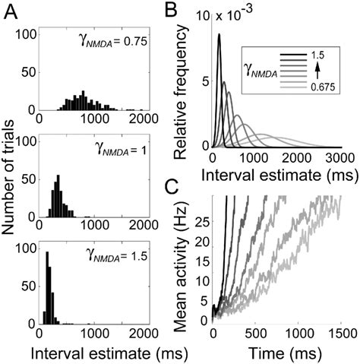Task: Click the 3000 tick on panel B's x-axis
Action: tap(339, 156)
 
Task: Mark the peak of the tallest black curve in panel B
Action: tap(219, 35)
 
